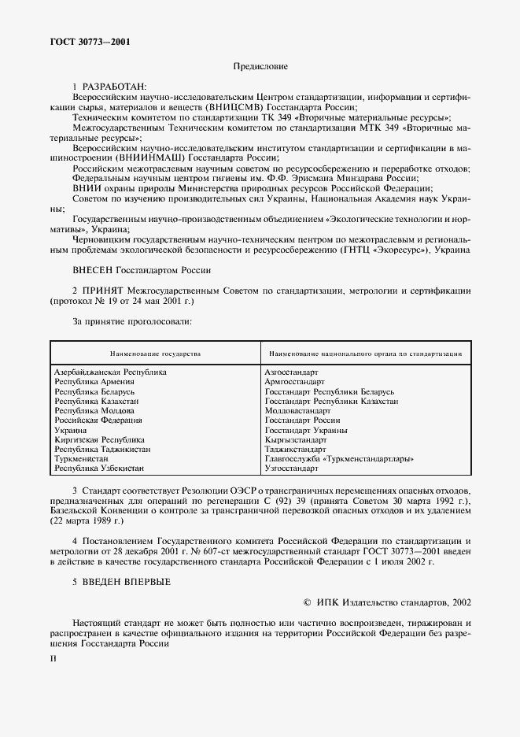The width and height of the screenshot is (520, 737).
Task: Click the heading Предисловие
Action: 260,67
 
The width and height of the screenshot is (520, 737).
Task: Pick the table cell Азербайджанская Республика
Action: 110,372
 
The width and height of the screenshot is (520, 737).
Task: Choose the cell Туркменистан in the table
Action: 83,459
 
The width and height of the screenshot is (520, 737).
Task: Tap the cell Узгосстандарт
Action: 291,468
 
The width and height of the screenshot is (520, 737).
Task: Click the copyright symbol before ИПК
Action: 307,602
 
